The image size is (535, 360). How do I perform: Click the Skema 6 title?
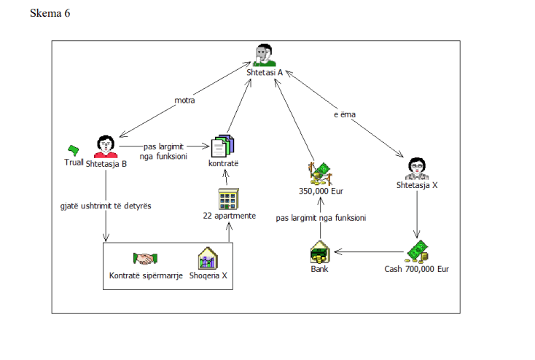point(50,14)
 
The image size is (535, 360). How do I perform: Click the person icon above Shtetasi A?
point(264,55)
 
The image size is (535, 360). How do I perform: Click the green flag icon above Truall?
point(73,149)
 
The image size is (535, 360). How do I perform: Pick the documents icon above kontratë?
point(222,146)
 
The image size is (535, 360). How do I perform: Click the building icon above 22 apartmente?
point(228,198)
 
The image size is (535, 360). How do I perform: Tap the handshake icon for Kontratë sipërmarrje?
point(146,259)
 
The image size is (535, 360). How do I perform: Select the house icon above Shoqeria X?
point(208,258)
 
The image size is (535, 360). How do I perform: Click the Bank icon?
point(319,253)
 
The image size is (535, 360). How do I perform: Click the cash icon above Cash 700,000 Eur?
point(416,250)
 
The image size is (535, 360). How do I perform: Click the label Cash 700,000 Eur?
point(416,269)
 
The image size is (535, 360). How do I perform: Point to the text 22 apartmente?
point(228,216)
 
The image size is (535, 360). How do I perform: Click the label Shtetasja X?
point(416,185)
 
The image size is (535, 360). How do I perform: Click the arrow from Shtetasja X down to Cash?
point(416,215)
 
